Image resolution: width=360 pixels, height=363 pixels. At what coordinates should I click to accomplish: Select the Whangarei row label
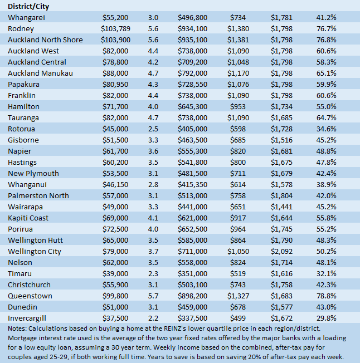pos(26,17)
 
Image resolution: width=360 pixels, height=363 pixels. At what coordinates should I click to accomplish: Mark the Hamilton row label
pos(23,106)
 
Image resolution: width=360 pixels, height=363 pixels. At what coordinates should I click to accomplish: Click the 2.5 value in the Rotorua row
pos(154,129)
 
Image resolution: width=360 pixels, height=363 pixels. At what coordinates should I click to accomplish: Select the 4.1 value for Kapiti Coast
pos(154,218)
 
